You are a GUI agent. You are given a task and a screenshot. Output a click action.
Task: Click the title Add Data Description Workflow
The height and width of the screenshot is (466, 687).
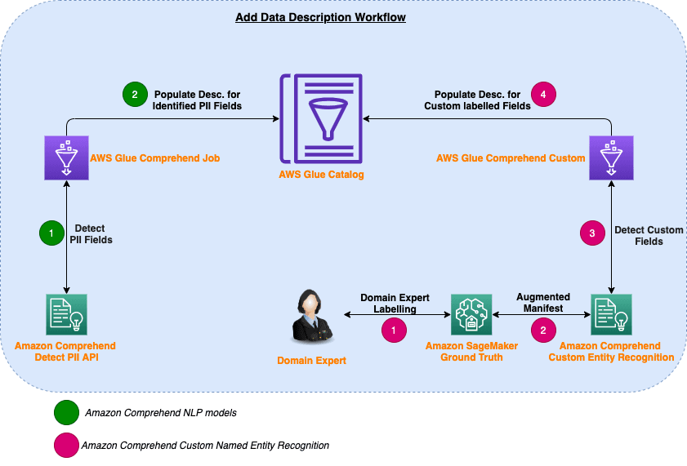(320, 17)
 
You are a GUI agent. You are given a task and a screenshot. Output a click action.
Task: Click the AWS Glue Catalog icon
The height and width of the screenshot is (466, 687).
(321, 118)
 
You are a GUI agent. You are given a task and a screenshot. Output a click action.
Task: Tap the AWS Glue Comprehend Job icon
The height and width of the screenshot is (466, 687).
(66, 157)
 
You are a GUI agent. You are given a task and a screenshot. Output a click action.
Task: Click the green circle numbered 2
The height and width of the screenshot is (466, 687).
(132, 95)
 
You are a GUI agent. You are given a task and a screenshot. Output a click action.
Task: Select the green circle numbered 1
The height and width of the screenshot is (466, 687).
(51, 234)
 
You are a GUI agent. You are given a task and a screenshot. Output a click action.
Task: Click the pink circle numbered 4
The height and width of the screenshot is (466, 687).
(542, 95)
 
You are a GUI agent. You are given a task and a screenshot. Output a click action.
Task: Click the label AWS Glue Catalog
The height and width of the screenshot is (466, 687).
(321, 175)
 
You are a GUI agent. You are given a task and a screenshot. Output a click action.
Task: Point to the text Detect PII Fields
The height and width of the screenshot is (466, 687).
(93, 234)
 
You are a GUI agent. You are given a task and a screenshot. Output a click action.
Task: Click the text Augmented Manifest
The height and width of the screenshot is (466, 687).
(543, 304)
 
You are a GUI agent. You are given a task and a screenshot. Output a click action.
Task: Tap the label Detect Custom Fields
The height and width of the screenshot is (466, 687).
(649, 235)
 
